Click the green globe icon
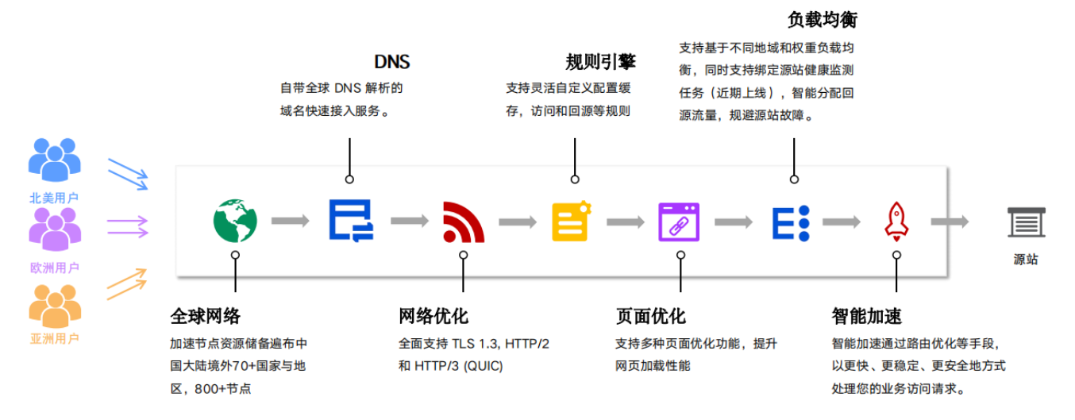[x=235, y=221]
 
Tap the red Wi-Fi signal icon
[x=463, y=222]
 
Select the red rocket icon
[x=896, y=221]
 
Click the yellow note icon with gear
[x=572, y=221]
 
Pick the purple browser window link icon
[x=679, y=222]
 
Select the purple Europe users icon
[x=54, y=230]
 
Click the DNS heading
[x=392, y=62]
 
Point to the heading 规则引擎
[x=601, y=62]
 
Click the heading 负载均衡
[x=823, y=19]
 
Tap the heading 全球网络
[x=205, y=316]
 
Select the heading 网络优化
[x=433, y=316]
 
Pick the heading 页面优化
[x=650, y=316]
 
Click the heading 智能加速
[x=867, y=316]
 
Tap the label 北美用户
[x=54, y=198]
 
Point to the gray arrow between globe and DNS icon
[x=291, y=221]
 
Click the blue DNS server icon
[x=350, y=221]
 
